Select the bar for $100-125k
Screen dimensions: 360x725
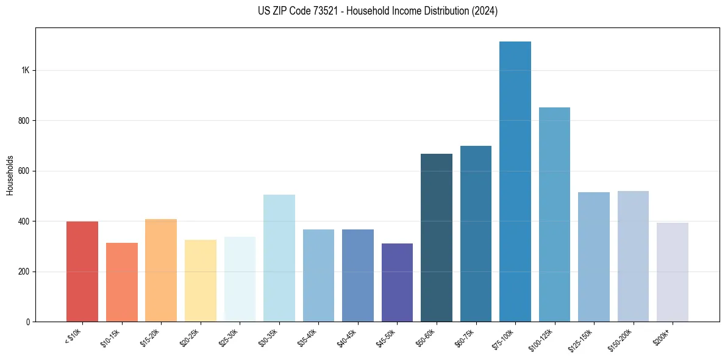click(x=554, y=214)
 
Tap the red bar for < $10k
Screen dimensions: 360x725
click(x=82, y=271)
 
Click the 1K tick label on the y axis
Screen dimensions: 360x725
click(x=26, y=70)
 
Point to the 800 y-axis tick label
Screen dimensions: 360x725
click(x=24, y=121)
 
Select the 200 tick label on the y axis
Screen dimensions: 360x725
click(x=24, y=272)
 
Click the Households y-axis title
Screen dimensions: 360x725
click(x=10, y=175)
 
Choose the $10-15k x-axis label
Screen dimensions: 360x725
click(x=110, y=337)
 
